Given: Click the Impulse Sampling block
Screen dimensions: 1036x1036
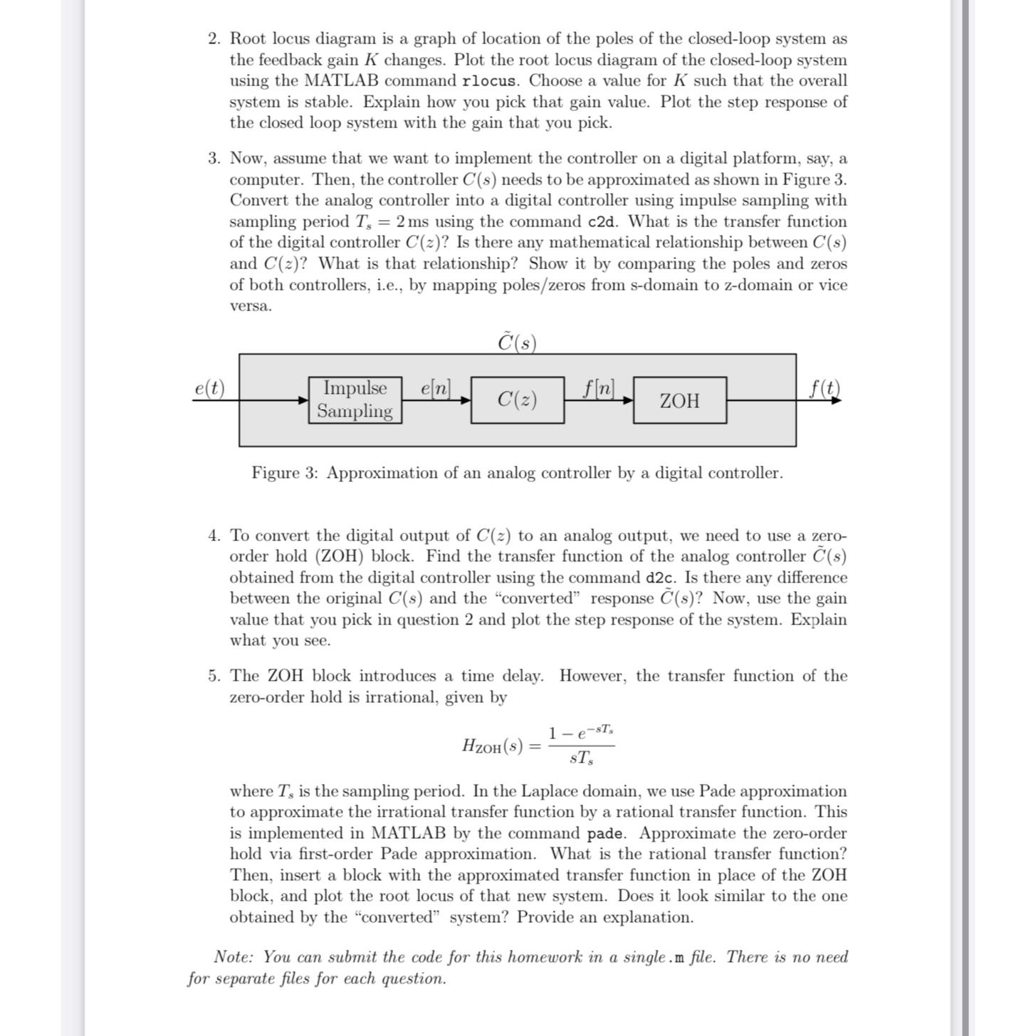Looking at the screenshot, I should point(355,400).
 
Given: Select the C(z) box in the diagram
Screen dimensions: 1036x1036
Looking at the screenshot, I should point(517,400).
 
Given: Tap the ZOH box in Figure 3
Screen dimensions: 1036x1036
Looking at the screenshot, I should point(679,401).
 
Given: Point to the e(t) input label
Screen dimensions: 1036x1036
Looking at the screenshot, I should point(209,388).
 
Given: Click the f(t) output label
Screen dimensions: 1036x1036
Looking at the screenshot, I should point(825,388).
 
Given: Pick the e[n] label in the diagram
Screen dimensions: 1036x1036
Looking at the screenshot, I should point(436,388).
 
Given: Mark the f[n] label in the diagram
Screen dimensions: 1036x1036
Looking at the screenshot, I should point(598,388).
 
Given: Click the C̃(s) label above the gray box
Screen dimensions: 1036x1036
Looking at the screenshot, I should point(517,342).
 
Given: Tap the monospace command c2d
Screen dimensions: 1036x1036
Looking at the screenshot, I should point(602,222).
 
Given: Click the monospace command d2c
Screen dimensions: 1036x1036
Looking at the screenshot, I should point(660,578).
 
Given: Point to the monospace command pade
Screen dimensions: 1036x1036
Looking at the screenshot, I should point(606,834).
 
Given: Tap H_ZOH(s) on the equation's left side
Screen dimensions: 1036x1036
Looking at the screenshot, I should point(492,746).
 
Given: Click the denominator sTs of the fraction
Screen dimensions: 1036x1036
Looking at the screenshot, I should point(581,759).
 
